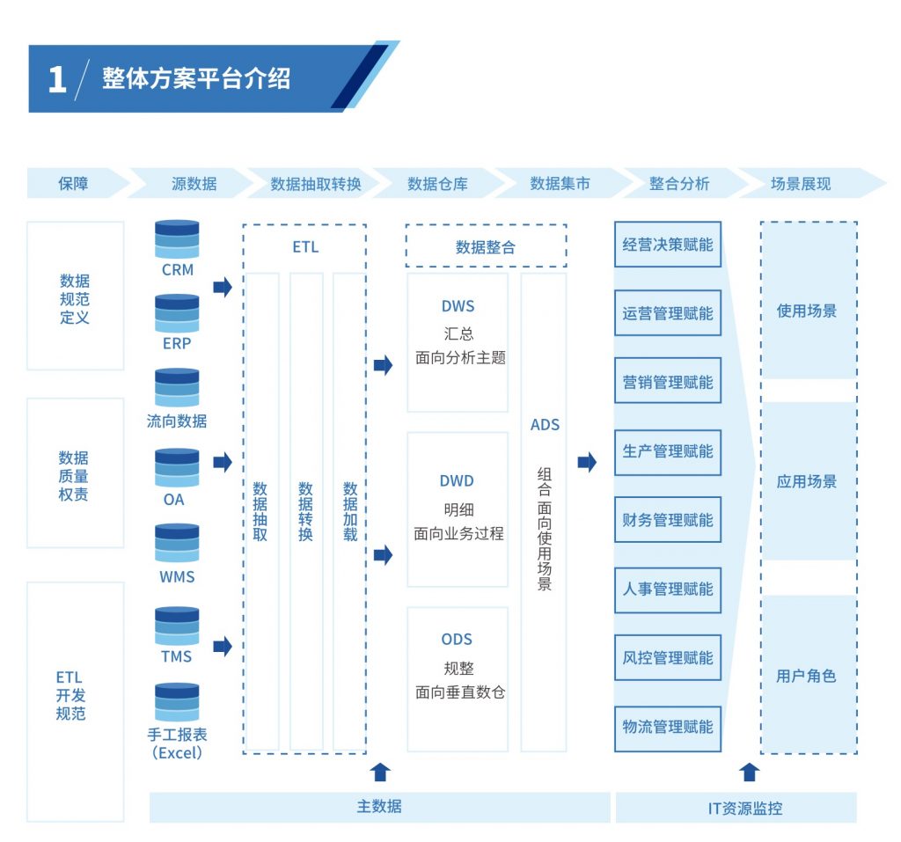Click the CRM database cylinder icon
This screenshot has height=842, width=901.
pyautogui.click(x=177, y=239)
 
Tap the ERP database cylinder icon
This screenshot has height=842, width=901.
pyautogui.click(x=177, y=313)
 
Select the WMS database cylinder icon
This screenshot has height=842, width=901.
pyautogui.click(x=177, y=543)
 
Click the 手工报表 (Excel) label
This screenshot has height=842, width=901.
pyautogui.click(x=177, y=743)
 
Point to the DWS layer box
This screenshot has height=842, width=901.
pyautogui.click(x=458, y=342)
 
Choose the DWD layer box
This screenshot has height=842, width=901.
pyautogui.click(x=458, y=509)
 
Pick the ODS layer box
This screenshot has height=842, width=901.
pyautogui.click(x=458, y=679)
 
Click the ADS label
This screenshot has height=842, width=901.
pyautogui.click(x=545, y=425)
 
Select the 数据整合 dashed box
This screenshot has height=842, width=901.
pyautogui.click(x=486, y=245)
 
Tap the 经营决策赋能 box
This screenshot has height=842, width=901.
pyautogui.click(x=668, y=245)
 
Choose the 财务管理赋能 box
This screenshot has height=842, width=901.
pyautogui.click(x=668, y=520)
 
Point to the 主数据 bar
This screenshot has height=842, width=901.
pyautogui.click(x=380, y=807)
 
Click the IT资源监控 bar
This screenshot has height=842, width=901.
pyautogui.click(x=736, y=808)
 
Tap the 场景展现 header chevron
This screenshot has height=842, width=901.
pyautogui.click(x=810, y=183)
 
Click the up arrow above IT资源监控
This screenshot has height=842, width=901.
pyautogui.click(x=750, y=772)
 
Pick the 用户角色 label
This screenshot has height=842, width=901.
pyautogui.click(x=806, y=676)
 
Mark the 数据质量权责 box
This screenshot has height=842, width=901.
pyautogui.click(x=76, y=472)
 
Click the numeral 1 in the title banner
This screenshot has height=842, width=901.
pyautogui.click(x=57, y=79)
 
